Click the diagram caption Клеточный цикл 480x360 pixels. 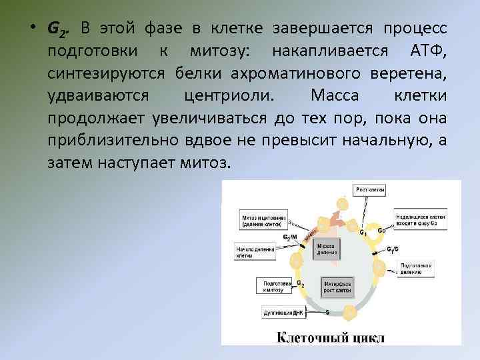[x=331, y=337]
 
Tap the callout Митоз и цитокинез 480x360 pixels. [x=264, y=220]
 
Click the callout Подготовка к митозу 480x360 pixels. [x=273, y=285]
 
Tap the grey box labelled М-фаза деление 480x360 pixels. [x=327, y=248]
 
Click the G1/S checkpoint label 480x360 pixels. [x=394, y=249]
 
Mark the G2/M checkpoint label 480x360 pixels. [x=291, y=237]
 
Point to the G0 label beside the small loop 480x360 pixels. [x=381, y=230]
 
